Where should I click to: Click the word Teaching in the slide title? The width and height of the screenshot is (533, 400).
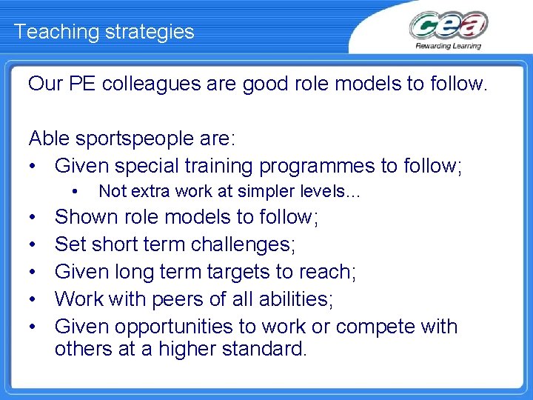[49, 32]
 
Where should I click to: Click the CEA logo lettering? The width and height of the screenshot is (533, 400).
[448, 26]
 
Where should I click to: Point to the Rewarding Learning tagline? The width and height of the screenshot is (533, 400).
[449, 45]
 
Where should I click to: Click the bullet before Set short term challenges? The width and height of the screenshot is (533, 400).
[34, 244]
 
